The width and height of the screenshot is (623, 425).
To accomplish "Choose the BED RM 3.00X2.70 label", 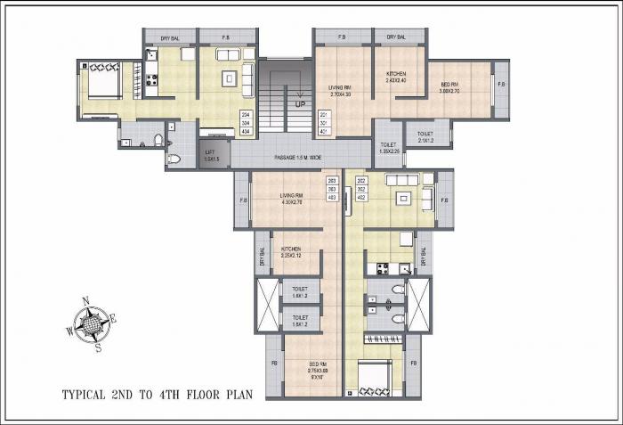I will (x=449, y=87).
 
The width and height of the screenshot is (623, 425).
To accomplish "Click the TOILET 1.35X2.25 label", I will (x=389, y=147).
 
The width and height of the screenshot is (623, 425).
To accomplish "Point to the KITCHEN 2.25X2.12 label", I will (x=291, y=251).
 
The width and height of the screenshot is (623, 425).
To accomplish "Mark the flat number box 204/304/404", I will (x=246, y=123).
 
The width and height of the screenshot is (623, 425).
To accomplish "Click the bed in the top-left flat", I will (x=99, y=83).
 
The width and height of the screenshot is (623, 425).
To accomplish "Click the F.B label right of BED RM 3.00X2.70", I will (x=501, y=85).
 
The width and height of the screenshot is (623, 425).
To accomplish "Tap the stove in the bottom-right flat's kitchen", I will (x=383, y=267).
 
